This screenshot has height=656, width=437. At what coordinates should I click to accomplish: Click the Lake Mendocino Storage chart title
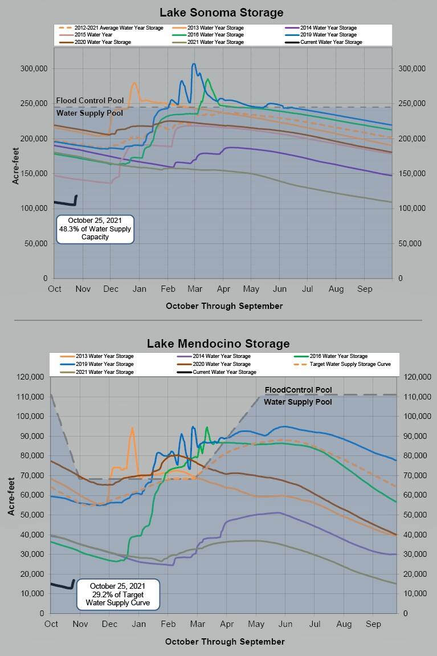click(218, 343)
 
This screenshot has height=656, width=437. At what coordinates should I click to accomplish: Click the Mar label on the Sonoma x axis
click(195, 289)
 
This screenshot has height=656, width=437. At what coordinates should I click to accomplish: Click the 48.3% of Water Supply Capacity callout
click(95, 229)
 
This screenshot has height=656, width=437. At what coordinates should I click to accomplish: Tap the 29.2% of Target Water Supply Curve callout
click(117, 594)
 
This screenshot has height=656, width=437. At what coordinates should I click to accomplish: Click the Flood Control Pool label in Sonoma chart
click(90, 101)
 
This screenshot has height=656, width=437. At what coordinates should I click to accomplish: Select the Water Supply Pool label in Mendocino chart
click(297, 402)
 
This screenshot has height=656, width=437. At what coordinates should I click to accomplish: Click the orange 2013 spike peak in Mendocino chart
click(132, 429)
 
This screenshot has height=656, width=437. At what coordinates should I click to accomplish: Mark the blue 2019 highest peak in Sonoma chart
click(194, 64)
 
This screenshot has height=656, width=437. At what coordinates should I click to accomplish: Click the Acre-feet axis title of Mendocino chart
click(11, 495)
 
